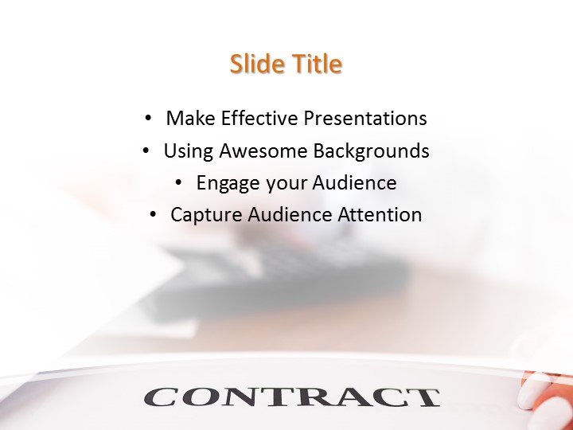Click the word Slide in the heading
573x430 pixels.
(255, 64)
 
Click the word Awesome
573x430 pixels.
(263, 150)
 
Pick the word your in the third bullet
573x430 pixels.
(286, 184)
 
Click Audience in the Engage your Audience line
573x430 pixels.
(354, 182)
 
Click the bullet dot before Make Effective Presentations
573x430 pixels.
(147, 119)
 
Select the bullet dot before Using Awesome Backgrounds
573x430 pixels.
(145, 150)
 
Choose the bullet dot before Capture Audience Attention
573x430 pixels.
(152, 214)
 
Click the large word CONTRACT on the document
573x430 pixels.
(291, 396)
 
